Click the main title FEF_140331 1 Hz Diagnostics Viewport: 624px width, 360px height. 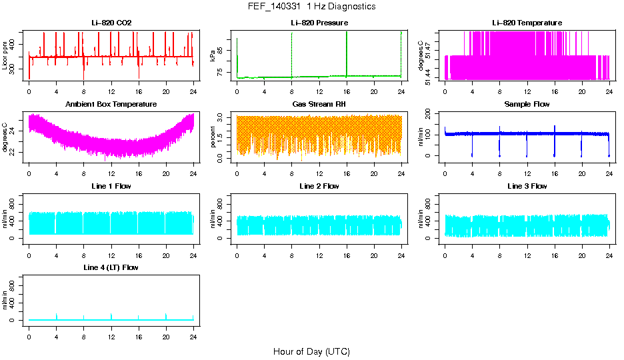(x=311, y=7)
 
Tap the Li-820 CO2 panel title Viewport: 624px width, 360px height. (x=111, y=23)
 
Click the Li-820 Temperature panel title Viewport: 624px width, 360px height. (x=527, y=23)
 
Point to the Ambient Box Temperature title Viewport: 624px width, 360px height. (x=111, y=105)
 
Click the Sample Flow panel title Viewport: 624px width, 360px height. (x=527, y=105)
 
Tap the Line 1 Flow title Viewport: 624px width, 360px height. (x=111, y=186)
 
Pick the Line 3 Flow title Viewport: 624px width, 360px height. (x=527, y=186)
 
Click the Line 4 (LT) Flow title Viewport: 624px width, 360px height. (x=111, y=267)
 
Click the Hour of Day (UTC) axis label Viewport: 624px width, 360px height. (x=311, y=351)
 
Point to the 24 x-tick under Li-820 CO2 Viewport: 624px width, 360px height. (x=193, y=91)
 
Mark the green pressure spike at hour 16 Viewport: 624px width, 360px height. (x=347, y=53)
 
